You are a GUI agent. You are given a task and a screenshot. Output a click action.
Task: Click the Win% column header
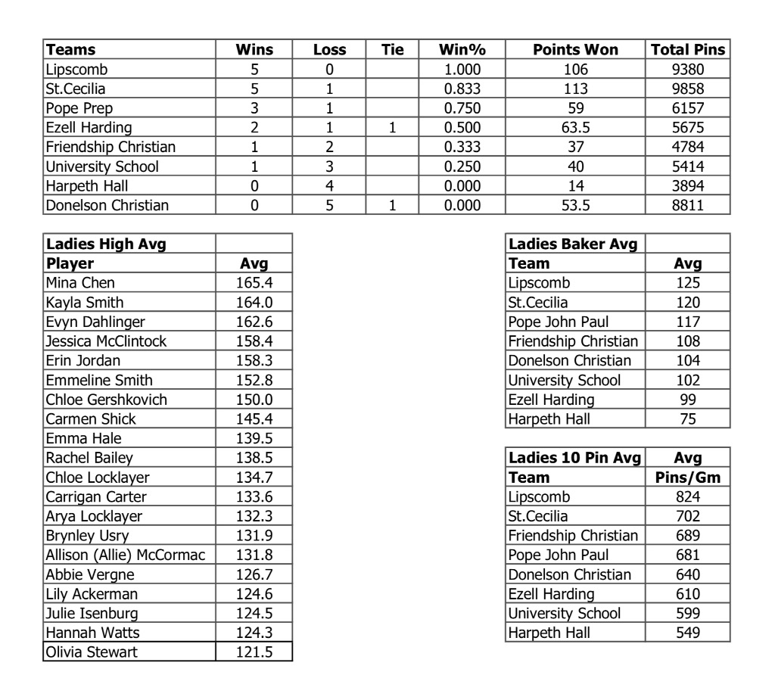(x=462, y=50)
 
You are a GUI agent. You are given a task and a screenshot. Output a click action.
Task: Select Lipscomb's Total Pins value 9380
(x=688, y=70)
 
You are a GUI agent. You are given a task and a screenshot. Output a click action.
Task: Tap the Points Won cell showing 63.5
(x=575, y=127)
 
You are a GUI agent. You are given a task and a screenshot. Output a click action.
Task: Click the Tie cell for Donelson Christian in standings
(x=392, y=205)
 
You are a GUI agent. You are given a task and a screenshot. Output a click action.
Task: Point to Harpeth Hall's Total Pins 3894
(x=688, y=185)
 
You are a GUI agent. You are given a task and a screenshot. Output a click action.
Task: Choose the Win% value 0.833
(x=462, y=89)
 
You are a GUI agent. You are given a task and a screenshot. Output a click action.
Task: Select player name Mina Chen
(x=80, y=283)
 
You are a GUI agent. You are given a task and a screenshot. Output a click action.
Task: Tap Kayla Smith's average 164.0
(x=254, y=303)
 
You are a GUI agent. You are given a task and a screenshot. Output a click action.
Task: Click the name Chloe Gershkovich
(x=106, y=400)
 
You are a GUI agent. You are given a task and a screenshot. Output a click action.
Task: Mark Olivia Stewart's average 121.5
(x=254, y=652)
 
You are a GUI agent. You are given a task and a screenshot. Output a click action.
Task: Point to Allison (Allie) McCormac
(x=125, y=555)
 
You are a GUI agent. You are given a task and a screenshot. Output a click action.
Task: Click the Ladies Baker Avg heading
(x=572, y=244)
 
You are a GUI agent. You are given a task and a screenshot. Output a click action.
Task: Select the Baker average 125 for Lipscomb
(x=688, y=283)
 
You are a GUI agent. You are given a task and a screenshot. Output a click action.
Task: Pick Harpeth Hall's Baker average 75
(x=688, y=419)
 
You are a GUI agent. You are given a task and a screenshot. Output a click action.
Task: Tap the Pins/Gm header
(x=688, y=478)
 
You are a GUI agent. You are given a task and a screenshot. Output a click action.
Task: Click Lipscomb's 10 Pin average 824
(x=688, y=497)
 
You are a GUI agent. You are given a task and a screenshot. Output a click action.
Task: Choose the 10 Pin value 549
(x=688, y=633)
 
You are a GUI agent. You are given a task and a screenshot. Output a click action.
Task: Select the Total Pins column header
(x=688, y=50)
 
